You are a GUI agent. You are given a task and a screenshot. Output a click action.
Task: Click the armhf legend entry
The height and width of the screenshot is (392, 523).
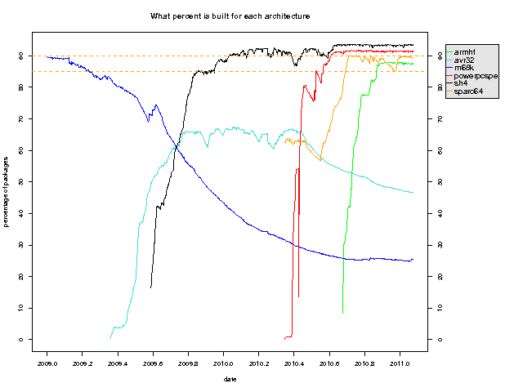465,51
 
